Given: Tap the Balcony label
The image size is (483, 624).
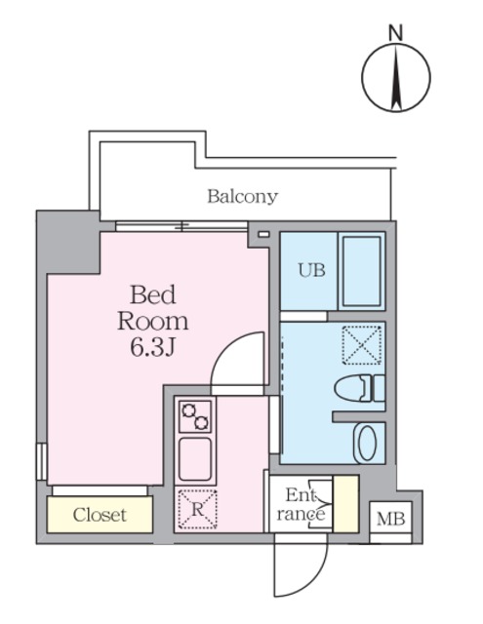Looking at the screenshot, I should pos(242,196).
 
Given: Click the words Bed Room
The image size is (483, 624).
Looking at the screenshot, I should pos(152,307).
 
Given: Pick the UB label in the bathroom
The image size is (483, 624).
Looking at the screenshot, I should pos(310,270).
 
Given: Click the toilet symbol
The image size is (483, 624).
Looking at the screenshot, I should pos(359,389).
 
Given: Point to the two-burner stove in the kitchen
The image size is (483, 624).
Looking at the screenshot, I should pos(195,416).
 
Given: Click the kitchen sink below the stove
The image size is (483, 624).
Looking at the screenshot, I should pos(195,458).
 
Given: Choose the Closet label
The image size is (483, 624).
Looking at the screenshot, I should pos(100,515).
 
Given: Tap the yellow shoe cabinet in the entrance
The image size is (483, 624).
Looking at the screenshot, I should pos(345,503).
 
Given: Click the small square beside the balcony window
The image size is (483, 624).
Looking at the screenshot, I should pos(262,234).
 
